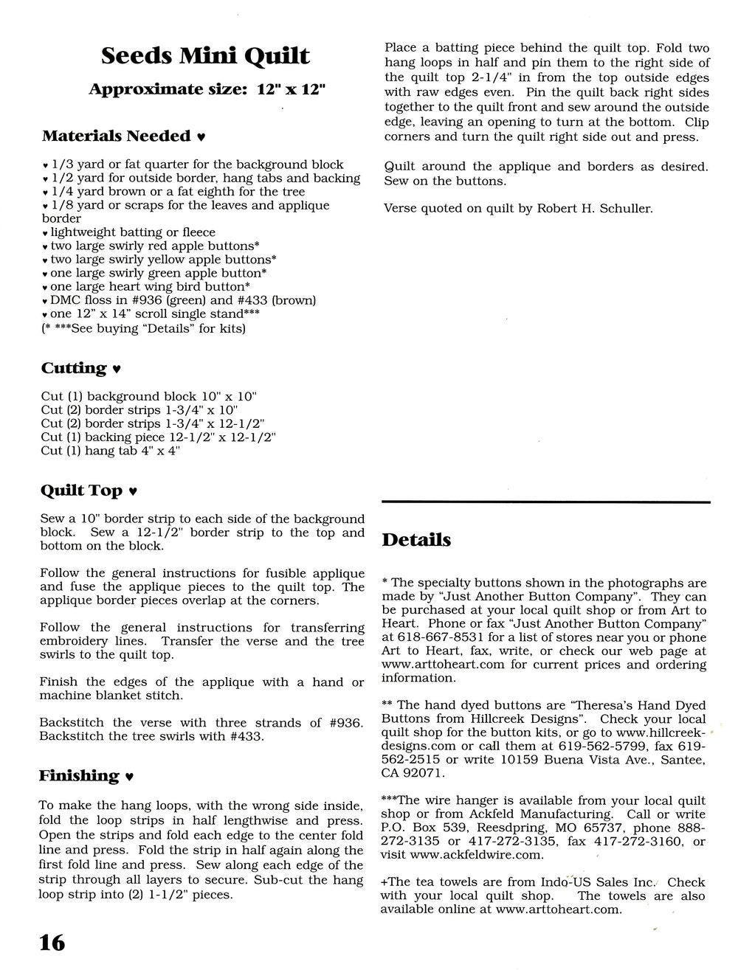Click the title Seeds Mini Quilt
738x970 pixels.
(x=205, y=56)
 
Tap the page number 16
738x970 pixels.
(x=52, y=942)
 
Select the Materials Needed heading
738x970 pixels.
(x=116, y=136)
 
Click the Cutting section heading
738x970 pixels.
(x=74, y=368)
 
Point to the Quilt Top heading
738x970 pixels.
(x=81, y=491)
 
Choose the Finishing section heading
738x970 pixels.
(x=79, y=776)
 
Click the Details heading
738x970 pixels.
(x=416, y=540)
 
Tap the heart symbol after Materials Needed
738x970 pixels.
(x=201, y=137)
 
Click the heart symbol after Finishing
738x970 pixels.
(x=130, y=777)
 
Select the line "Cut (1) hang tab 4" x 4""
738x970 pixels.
(x=111, y=451)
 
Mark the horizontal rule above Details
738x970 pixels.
(x=546, y=502)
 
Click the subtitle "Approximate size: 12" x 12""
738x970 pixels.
(x=207, y=90)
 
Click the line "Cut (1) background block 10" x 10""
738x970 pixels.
(x=148, y=396)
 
